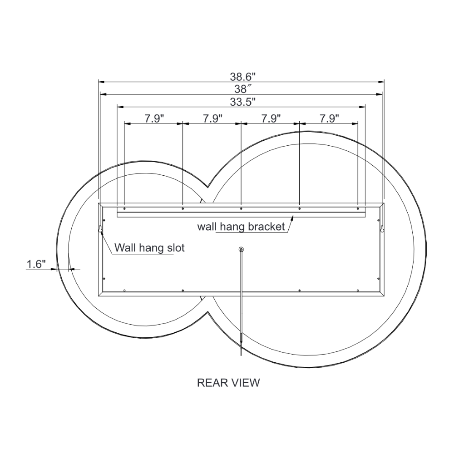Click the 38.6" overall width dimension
click(x=241, y=77)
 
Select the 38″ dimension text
click(x=241, y=89)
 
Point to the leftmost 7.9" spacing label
click(x=154, y=118)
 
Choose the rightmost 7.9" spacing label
click(x=329, y=118)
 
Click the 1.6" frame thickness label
click(x=36, y=264)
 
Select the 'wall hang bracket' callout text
click(x=241, y=227)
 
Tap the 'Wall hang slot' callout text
click(x=149, y=248)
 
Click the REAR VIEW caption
click(x=228, y=383)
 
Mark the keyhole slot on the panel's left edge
click(x=100, y=230)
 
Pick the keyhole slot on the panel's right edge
click(x=382, y=230)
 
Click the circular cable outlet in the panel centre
click(x=241, y=249)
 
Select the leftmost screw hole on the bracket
click(x=124, y=209)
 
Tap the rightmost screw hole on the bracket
click(x=358, y=209)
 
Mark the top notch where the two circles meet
click(x=208, y=187)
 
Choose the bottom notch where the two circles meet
click(x=208, y=312)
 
